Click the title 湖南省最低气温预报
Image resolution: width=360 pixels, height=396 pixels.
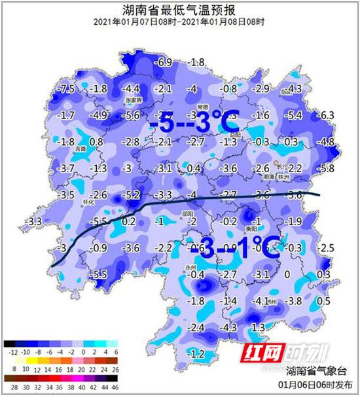tap(179, 10)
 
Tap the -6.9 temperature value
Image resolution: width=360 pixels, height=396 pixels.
tap(164, 62)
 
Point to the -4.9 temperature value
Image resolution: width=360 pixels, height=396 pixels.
tap(99, 116)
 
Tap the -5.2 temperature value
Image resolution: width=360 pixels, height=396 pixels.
tap(132, 195)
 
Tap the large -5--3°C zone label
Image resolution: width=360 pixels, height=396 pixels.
tap(193, 122)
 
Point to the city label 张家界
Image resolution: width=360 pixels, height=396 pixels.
tap(134, 99)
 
